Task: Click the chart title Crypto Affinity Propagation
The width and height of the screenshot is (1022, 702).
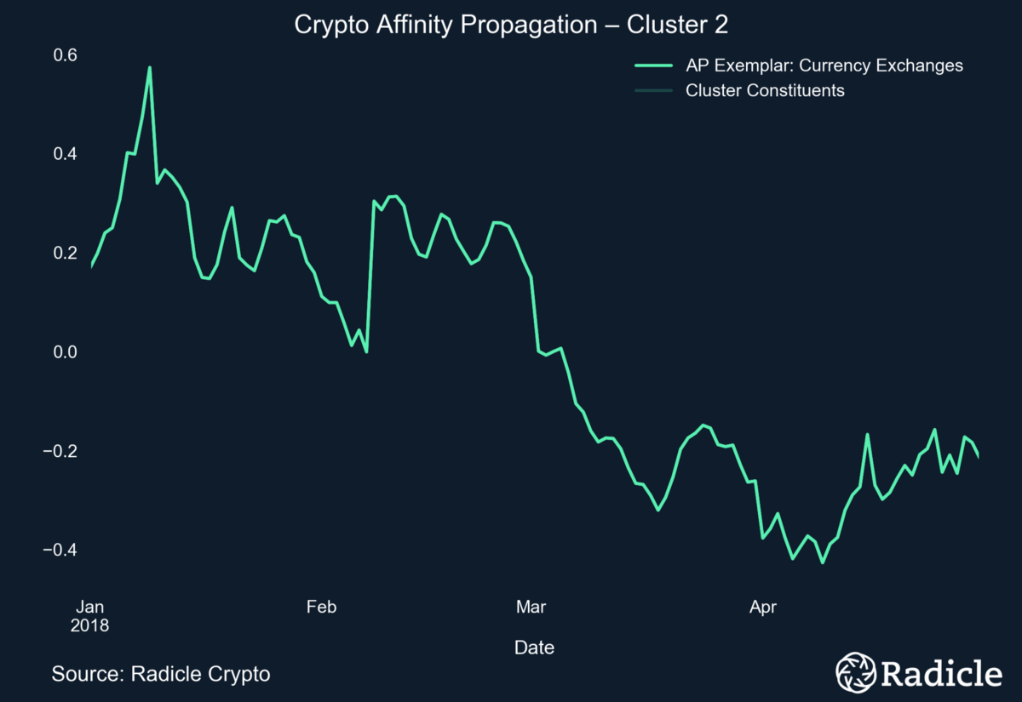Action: (511, 26)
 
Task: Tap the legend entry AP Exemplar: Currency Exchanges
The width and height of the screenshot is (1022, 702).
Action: (824, 66)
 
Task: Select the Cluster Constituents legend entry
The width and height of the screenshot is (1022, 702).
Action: (764, 90)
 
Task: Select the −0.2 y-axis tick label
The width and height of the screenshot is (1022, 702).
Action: (60, 451)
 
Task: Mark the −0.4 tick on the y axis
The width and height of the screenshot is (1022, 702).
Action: (60, 550)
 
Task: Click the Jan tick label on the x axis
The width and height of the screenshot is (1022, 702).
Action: (89, 607)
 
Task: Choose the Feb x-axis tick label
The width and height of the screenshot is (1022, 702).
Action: (321, 607)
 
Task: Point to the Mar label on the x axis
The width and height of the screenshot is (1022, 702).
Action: (531, 607)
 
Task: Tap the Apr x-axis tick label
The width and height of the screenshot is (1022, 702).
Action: (762, 607)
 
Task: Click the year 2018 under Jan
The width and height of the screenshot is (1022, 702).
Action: (89, 625)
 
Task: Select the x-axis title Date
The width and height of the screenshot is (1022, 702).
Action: (534, 648)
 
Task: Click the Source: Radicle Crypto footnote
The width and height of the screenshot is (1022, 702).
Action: (161, 674)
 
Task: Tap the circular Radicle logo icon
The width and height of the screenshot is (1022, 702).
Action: (854, 673)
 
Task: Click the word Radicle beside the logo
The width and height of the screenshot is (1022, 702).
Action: (940, 673)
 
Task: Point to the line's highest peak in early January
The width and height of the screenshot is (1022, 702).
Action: (149, 67)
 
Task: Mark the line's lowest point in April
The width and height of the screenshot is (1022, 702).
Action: (822, 562)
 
